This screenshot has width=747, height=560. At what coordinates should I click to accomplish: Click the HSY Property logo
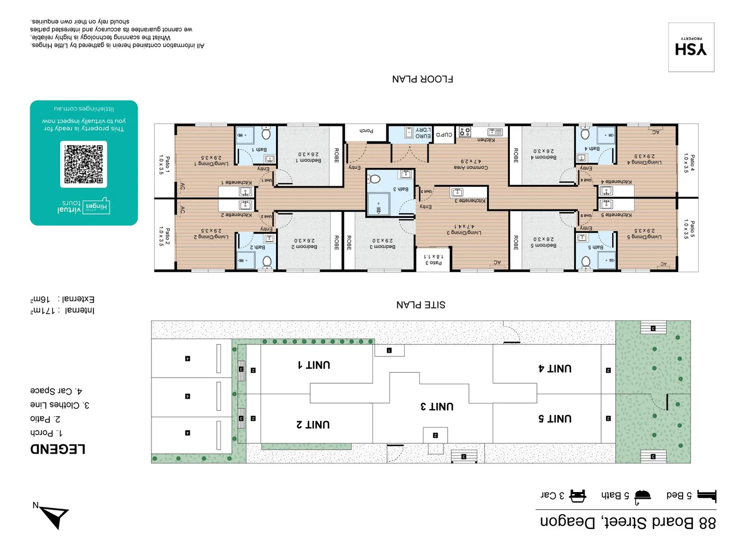(691, 48)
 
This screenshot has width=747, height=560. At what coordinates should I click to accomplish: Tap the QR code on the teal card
(84, 164)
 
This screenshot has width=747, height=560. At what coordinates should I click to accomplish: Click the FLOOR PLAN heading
(422, 79)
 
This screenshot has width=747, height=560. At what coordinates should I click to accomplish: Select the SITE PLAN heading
(421, 304)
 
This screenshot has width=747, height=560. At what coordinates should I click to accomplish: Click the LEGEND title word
(58, 449)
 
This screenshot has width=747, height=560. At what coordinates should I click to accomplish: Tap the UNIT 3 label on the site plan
(437, 407)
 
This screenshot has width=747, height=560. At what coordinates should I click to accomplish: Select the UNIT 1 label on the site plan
(314, 365)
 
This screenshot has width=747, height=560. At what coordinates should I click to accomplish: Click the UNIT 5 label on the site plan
(555, 418)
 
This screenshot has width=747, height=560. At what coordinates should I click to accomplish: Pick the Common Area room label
(471, 167)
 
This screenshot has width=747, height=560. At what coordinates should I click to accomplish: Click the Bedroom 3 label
(382, 247)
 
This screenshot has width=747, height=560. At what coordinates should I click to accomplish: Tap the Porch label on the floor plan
(366, 131)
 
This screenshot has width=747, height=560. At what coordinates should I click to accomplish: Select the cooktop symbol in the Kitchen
(465, 132)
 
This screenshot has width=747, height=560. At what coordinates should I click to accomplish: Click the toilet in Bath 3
(375, 179)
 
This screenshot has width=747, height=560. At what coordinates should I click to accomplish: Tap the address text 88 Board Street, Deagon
(628, 522)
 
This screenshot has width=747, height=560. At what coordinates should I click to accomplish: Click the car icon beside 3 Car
(578, 496)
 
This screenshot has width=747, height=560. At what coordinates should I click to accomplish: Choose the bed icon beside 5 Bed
(707, 496)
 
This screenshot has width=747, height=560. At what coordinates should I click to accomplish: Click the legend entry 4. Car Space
(56, 390)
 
